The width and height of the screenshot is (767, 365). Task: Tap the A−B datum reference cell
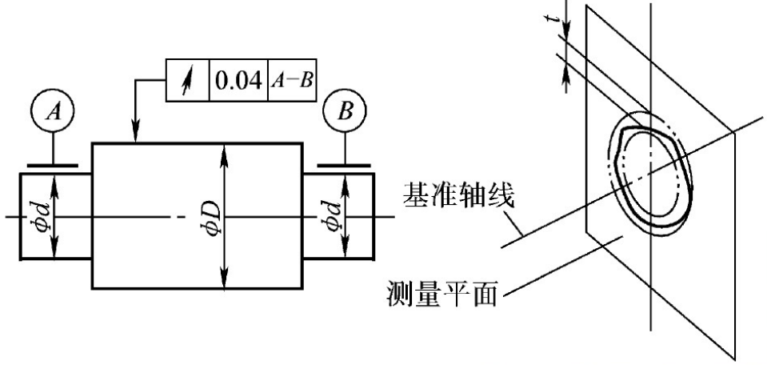tap(290, 80)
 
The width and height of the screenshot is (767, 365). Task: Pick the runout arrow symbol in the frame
tap(187, 80)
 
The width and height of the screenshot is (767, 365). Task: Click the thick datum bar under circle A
tap(54, 166)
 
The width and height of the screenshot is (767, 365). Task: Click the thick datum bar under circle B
tap(344, 166)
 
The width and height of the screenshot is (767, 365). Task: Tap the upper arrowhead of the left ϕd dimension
tap(54, 180)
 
